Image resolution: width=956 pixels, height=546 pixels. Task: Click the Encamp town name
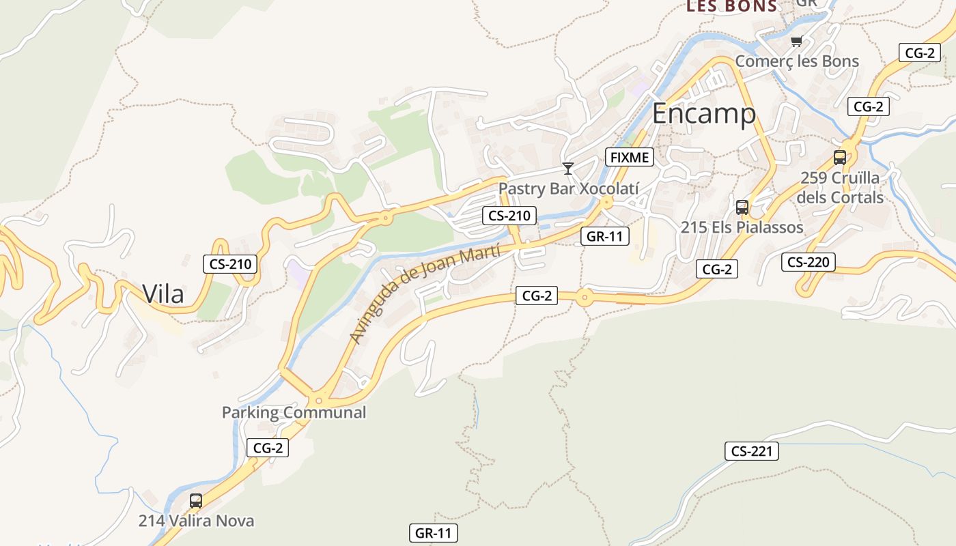pos(704,114)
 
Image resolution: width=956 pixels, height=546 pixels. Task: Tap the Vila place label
pos(163,294)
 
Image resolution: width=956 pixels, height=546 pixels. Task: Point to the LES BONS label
pos(731,7)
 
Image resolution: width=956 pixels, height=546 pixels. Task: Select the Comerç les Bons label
pos(797,61)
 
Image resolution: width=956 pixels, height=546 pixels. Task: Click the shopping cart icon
pos(796,42)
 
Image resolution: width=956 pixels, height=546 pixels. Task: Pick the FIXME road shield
pos(630,158)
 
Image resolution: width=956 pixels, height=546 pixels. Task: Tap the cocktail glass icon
pos(567,168)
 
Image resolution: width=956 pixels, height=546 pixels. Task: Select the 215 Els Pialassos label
pos(742,227)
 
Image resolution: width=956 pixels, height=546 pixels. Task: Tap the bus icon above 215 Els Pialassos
pos(742,207)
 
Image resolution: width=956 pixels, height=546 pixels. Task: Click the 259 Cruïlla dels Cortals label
pos(841,188)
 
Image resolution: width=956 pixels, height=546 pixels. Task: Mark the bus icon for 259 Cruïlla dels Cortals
pos(840,158)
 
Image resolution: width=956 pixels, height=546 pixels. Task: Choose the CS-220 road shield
pos(809,262)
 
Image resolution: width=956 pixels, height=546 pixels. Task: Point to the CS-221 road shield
pos(751,451)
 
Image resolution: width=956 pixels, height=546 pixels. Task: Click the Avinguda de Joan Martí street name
pos(425,294)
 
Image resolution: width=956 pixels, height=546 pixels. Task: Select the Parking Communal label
pos(294,412)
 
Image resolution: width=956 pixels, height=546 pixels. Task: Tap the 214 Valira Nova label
pos(196,521)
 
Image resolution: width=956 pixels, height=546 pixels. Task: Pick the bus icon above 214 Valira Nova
pos(196,501)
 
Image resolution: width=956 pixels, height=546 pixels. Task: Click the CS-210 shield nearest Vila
pos(230,264)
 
